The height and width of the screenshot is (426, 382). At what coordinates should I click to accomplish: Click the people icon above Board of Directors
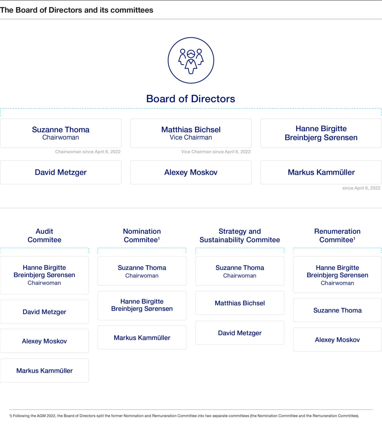point(191,60)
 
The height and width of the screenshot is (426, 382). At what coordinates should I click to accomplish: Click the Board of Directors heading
point(191,99)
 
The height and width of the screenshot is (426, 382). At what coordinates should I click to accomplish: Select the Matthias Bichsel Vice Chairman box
point(191,133)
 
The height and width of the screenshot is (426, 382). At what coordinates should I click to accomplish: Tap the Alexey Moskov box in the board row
point(191,172)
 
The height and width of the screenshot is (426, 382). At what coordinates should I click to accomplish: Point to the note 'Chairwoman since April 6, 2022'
point(88,152)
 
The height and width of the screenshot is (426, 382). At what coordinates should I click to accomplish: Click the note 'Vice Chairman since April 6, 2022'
point(216,152)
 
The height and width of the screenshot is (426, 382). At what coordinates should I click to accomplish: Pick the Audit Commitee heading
point(44,235)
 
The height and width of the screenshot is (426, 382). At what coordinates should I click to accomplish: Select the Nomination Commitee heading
point(142,235)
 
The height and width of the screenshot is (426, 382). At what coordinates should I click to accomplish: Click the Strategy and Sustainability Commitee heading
point(240,235)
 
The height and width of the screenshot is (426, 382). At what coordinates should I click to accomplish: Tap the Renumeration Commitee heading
point(337,235)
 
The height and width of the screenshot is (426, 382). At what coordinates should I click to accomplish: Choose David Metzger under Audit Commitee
point(44,312)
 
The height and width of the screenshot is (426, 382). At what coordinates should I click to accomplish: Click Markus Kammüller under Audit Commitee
point(44,371)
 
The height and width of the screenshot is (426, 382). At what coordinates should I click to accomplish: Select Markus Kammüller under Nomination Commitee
point(142,338)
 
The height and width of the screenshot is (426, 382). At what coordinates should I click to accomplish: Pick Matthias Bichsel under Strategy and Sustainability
point(240,303)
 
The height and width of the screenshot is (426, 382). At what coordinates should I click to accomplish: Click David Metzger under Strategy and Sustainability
point(240,333)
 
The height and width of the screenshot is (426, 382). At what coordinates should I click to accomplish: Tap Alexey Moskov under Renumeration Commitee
point(337,340)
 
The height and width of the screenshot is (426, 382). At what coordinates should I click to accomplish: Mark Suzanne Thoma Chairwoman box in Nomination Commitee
point(142,271)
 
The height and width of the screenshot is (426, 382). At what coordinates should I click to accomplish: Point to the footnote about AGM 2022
point(184,416)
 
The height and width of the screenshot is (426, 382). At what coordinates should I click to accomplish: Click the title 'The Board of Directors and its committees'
point(77,10)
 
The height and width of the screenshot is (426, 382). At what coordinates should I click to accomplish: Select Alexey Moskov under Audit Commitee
point(44,341)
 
